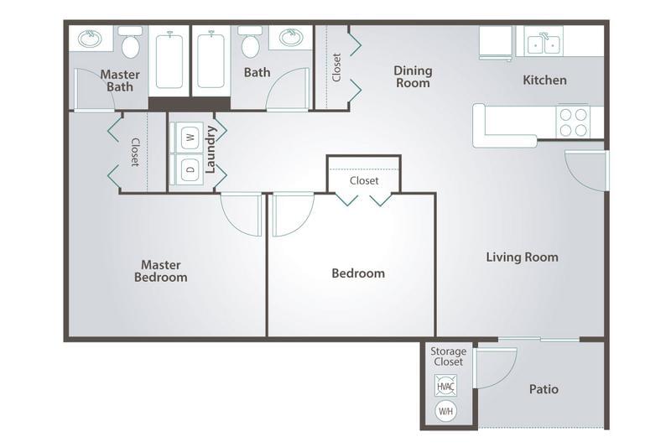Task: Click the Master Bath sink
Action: click(x=90, y=39)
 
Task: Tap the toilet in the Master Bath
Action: click(x=131, y=42)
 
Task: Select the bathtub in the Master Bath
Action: click(x=169, y=60)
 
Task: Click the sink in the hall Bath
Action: click(x=291, y=37)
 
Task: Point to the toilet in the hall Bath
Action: click(x=250, y=42)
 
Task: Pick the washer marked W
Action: click(x=187, y=138)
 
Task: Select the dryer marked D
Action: click(x=187, y=169)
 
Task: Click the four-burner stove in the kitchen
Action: click(x=573, y=122)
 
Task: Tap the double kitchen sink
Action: click(x=544, y=44)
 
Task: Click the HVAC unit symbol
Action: click(x=445, y=386)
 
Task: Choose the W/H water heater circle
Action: click(x=445, y=411)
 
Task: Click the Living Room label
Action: click(x=522, y=257)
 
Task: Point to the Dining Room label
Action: click(x=413, y=76)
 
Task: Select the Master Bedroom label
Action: click(x=161, y=271)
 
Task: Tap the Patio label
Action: click(x=544, y=389)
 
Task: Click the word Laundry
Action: click(x=211, y=149)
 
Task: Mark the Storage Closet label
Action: click(x=449, y=356)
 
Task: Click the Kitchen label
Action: click(x=544, y=80)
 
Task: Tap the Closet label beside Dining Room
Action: click(x=337, y=67)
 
